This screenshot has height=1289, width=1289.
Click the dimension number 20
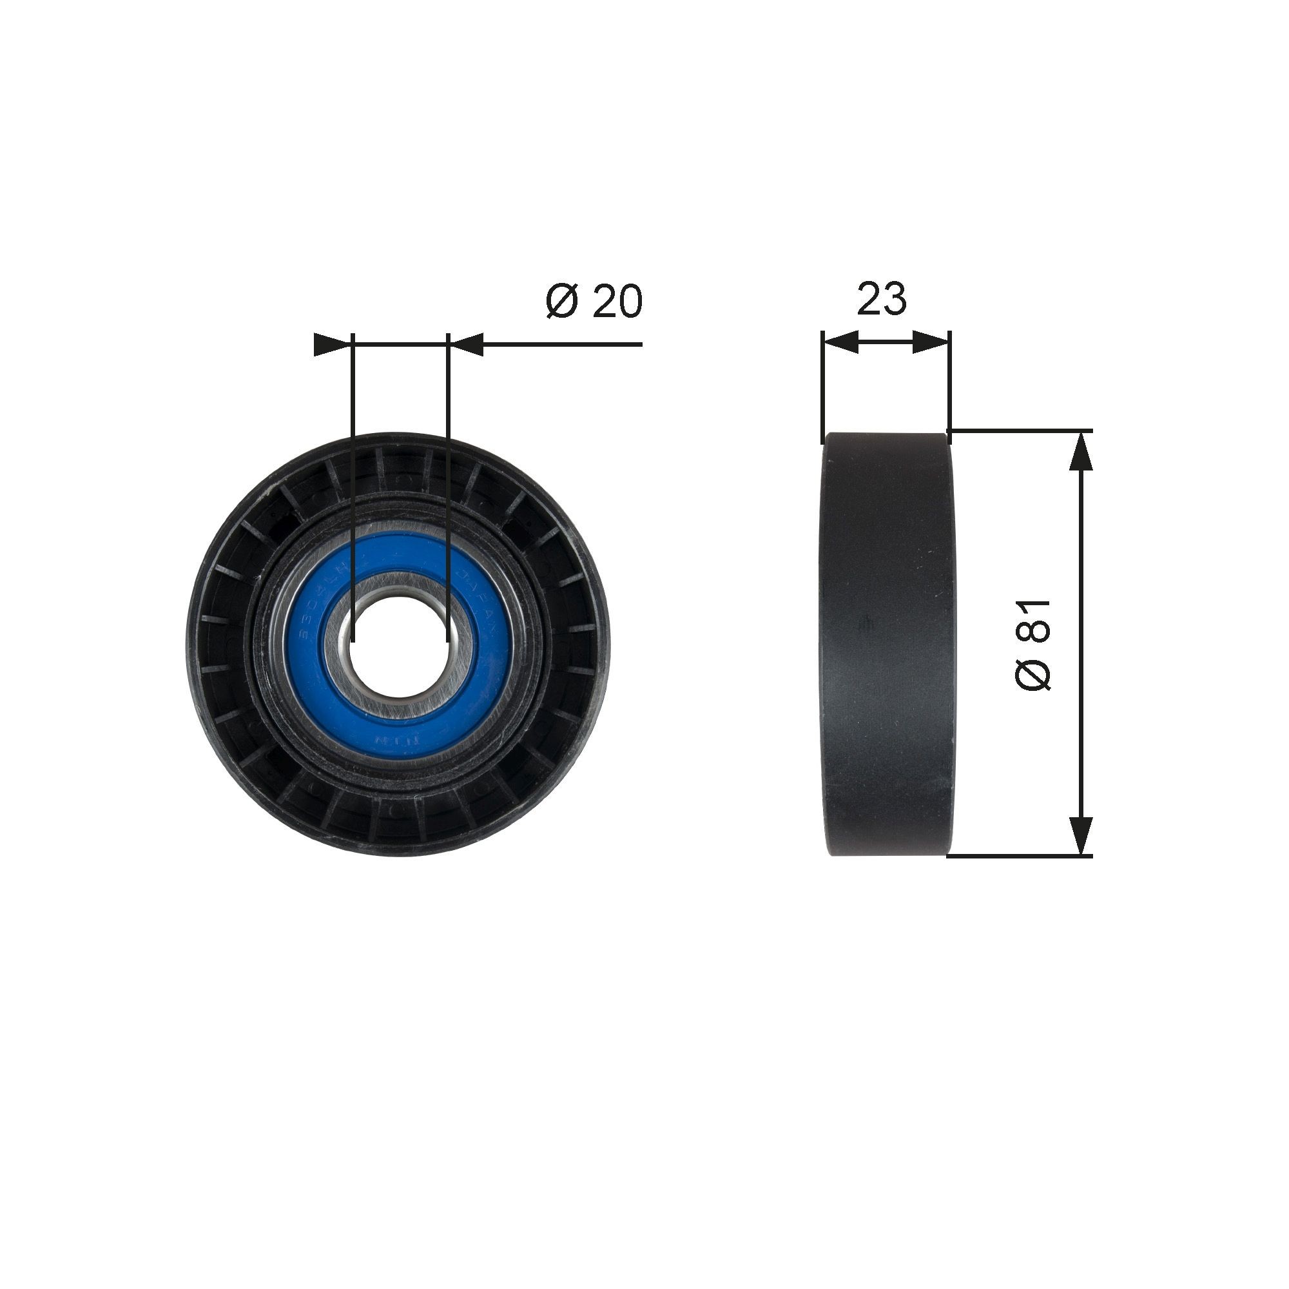[617, 301]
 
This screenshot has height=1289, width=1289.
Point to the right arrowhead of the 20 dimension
[467, 344]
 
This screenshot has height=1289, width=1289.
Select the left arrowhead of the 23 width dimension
[840, 343]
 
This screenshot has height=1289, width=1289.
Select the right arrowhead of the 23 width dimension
[930, 343]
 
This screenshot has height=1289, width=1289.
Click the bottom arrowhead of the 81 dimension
[1080, 835]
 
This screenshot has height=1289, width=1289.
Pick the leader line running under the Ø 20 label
[561, 344]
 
